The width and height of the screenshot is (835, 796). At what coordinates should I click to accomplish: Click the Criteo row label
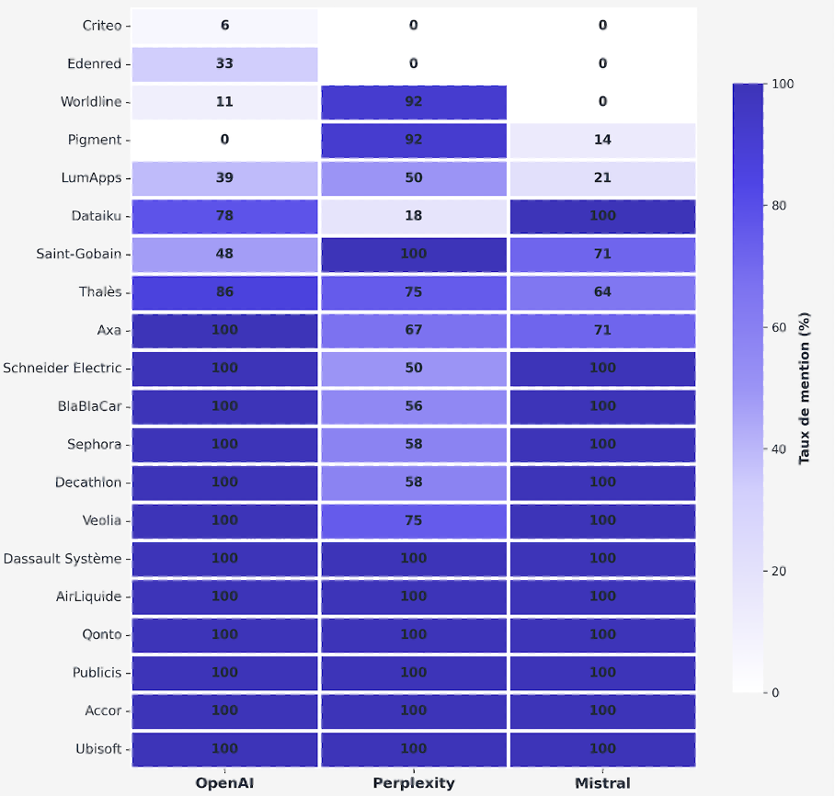[101, 26]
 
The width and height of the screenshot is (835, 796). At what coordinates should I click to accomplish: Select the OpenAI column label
[224, 783]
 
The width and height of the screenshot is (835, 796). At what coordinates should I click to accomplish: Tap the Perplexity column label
[414, 783]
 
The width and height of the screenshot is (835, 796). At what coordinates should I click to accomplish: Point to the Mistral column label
[602, 783]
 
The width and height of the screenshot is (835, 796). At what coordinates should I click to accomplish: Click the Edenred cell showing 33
[224, 64]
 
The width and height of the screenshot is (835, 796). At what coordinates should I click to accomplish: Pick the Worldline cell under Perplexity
[414, 102]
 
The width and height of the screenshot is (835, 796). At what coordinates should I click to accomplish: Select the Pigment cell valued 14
[602, 140]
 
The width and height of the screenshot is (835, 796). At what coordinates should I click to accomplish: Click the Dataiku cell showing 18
[414, 216]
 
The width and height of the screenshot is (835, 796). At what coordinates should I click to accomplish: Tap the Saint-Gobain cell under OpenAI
[224, 254]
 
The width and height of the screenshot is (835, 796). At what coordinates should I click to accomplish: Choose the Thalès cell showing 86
[224, 292]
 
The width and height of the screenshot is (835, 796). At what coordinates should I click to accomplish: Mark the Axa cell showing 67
[414, 330]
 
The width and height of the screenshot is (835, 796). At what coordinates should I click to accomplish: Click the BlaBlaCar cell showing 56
[414, 406]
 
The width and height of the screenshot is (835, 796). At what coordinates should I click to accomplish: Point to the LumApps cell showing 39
[224, 178]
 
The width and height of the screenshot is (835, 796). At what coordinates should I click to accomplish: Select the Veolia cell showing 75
[414, 520]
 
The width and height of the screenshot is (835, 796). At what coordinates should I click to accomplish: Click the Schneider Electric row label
[62, 368]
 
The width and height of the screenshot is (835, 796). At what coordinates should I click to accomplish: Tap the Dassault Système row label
[62, 558]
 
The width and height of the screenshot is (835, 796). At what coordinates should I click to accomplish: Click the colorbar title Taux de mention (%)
[805, 388]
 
